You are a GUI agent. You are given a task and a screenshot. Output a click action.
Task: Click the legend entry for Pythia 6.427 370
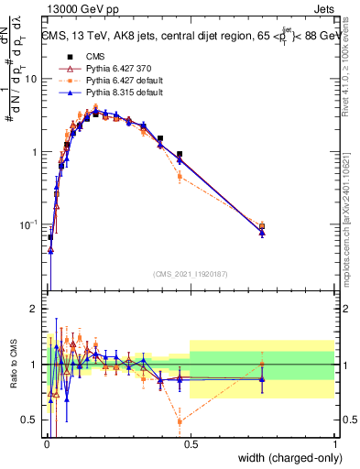tap(103, 68)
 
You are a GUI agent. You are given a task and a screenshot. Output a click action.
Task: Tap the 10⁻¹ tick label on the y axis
tap(28, 224)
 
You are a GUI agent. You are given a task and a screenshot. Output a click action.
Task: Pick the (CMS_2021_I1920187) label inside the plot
tap(190, 274)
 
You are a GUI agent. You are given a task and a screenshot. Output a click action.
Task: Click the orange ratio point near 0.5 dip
tap(180, 421)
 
